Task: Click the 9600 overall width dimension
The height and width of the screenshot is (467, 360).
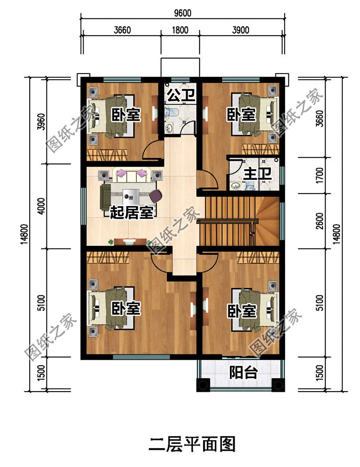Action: (x=182, y=13)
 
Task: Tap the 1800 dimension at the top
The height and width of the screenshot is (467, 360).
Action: (x=180, y=30)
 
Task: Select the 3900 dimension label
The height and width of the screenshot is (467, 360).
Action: (x=240, y=30)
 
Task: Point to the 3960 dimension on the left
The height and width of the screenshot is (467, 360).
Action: (x=42, y=122)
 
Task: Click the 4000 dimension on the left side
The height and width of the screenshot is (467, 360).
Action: (x=42, y=206)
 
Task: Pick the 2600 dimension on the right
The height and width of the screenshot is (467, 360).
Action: (x=320, y=221)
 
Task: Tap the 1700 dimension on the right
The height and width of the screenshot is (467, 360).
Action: (x=320, y=176)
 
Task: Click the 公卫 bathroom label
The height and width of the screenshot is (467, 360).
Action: (x=180, y=95)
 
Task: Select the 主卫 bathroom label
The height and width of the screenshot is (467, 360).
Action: (x=257, y=174)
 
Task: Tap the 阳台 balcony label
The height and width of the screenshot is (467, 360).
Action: (x=243, y=372)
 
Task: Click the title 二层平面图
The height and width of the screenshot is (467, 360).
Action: (x=192, y=445)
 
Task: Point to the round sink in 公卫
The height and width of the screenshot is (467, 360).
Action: (x=169, y=128)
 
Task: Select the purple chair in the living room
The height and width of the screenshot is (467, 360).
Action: (x=156, y=196)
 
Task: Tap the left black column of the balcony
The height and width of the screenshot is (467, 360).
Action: (x=204, y=385)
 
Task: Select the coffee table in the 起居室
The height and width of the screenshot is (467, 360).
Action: (x=131, y=196)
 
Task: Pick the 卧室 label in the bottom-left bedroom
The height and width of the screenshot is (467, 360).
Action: (x=126, y=309)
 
